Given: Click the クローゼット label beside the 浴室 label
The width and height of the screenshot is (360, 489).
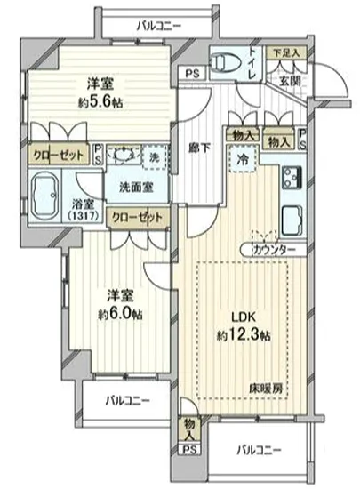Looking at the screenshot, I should point(138,215).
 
